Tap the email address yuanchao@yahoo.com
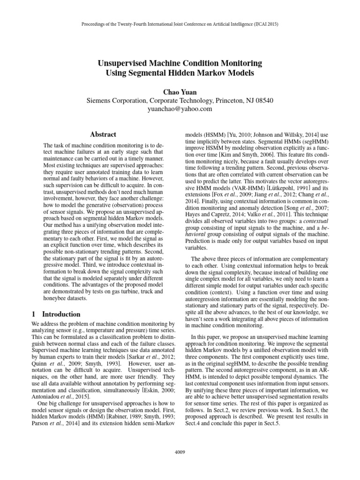pyautogui.click(x=180, y=109)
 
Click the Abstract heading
pyautogui.click(x=103, y=134)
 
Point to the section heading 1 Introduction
pyautogui.click(x=56, y=314)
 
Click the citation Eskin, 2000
pyautogui.click(x=149, y=390)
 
